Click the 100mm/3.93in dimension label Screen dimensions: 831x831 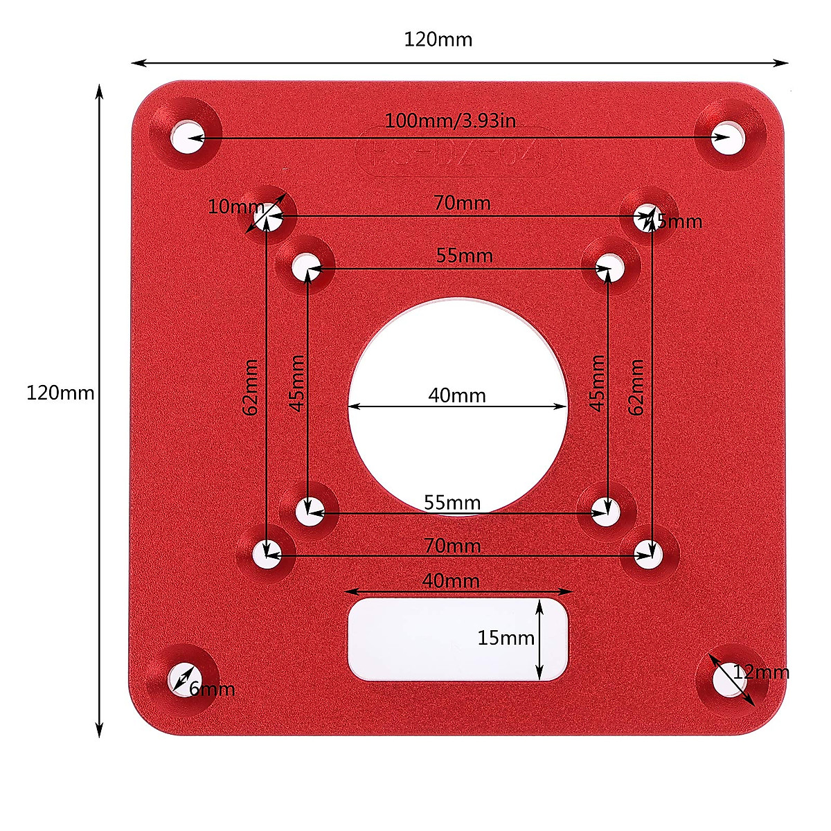pos(450,120)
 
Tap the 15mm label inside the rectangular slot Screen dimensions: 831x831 pos(506,638)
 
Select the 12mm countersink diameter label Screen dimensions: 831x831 pos(761,672)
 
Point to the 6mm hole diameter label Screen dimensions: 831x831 pos(212,689)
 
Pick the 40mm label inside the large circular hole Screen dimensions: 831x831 pos(457,395)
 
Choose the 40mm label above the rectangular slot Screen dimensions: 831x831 pos(451,580)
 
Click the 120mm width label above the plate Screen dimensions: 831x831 pos(438,39)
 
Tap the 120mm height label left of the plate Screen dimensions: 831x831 pos(60,393)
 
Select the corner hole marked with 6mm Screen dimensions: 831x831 pos(182,679)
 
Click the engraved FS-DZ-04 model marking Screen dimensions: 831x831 pos(456,150)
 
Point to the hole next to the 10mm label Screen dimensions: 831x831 pos(265,218)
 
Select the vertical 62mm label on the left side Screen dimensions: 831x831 pos(251,386)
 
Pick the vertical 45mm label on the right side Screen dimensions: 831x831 pos(598,383)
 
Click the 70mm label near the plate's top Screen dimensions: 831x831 pos(462,203)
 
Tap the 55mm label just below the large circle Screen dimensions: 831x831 pos(452,502)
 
